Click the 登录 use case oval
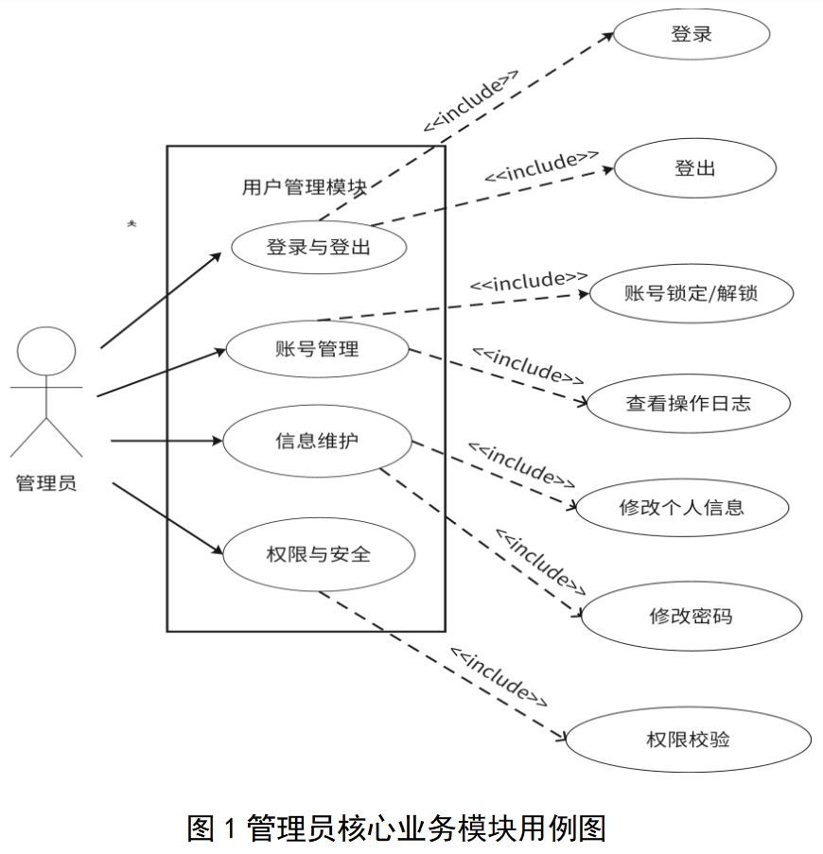pyautogui.click(x=692, y=34)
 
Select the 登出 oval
pyautogui.click(x=694, y=167)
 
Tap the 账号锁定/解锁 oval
pyautogui.click(x=692, y=293)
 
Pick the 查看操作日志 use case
pyautogui.click(x=689, y=404)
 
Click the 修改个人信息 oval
pyautogui.click(x=682, y=508)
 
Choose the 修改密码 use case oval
pyautogui.click(x=692, y=616)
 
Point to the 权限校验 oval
pyautogui.click(x=689, y=740)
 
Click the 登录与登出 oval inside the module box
pyautogui.click(x=319, y=247)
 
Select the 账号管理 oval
pyautogui.click(x=317, y=349)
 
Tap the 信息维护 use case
pyautogui.click(x=317, y=441)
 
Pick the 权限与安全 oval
pyautogui.click(x=319, y=554)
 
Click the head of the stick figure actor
pyautogui.click(x=46, y=351)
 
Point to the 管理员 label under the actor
pyautogui.click(x=46, y=483)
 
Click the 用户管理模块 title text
pyautogui.click(x=305, y=187)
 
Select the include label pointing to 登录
pyautogui.click(x=471, y=101)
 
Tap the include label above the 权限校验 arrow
pyautogui.click(x=499, y=677)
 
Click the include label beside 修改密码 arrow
pyautogui.click(x=540, y=562)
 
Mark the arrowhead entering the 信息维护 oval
pyautogui.click(x=218, y=441)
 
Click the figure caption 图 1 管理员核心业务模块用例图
pyautogui.click(x=396, y=828)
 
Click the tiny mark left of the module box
pyautogui.click(x=131, y=223)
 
